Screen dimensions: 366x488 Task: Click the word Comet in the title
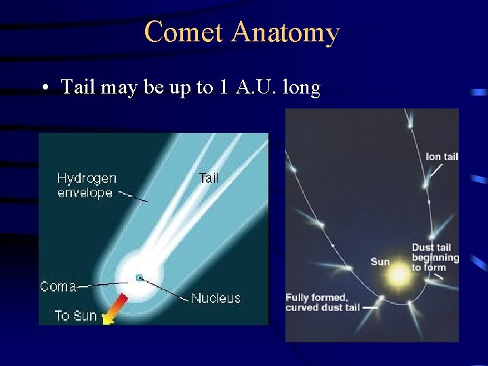[183, 33]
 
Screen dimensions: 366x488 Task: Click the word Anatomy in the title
[285, 33]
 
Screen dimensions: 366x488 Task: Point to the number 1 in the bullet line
[223, 87]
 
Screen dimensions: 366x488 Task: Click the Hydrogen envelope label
[86, 185]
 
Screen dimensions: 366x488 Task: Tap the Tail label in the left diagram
[209, 178]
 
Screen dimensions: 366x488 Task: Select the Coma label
[58, 287]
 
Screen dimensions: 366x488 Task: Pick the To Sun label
[75, 316]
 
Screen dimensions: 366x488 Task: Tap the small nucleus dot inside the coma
[140, 277]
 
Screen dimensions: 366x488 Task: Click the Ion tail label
[442, 157]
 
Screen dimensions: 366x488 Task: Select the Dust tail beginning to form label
[435, 258]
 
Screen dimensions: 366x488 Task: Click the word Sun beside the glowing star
[380, 262]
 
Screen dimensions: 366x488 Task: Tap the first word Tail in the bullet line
[79, 87]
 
